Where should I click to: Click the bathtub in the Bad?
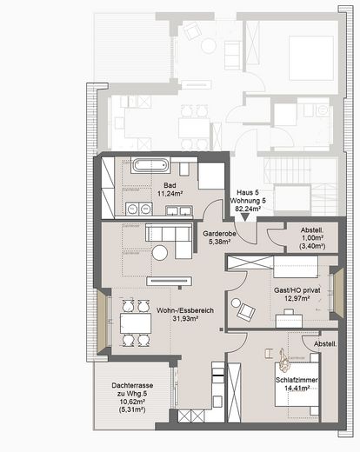(150, 165)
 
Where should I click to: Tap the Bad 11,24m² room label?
(170, 189)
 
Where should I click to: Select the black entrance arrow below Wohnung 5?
(245, 217)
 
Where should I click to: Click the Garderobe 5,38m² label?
(219, 237)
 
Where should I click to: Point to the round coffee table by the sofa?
(160, 253)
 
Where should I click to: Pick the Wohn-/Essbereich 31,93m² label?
(185, 315)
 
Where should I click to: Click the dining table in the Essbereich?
(136, 323)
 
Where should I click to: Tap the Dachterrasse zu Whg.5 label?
(132, 397)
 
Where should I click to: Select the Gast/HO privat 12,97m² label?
(297, 294)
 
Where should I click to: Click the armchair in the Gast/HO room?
(246, 312)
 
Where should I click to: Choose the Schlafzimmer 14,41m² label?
(297, 384)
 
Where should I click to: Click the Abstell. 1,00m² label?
(312, 238)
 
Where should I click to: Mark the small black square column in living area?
(222, 329)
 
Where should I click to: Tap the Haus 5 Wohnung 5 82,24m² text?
(248, 200)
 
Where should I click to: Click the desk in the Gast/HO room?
(289, 321)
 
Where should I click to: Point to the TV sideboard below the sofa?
(170, 281)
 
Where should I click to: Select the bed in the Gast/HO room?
(295, 266)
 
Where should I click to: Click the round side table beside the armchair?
(235, 302)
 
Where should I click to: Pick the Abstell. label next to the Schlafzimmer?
(325, 344)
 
